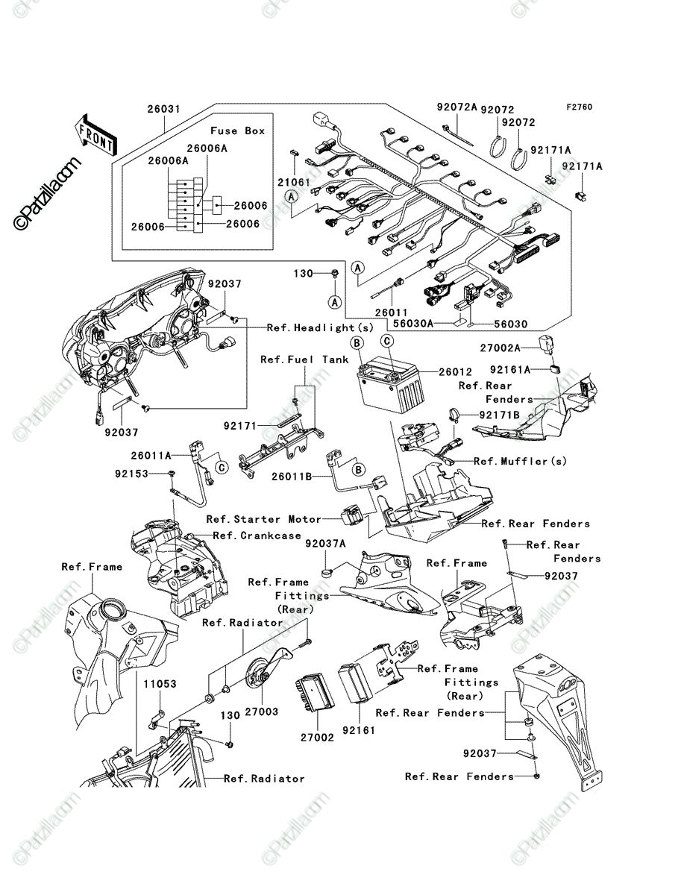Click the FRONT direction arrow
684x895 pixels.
pyautogui.click(x=95, y=135)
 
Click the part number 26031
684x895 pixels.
pyautogui.click(x=164, y=110)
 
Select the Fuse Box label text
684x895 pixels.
pyautogui.click(x=238, y=131)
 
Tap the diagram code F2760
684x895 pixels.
pyautogui.click(x=580, y=107)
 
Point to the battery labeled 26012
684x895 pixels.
pyautogui.click(x=391, y=385)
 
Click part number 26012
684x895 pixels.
pyautogui.click(x=455, y=372)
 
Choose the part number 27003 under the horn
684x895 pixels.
pyautogui.click(x=261, y=712)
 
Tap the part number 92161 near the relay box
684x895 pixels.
pyautogui.click(x=359, y=730)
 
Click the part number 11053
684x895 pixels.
pyautogui.click(x=160, y=684)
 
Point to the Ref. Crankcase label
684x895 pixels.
pyautogui.click(x=257, y=536)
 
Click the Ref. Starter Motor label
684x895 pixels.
pyautogui.click(x=264, y=519)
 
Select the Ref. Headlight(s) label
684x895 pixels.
pyautogui.click(x=321, y=327)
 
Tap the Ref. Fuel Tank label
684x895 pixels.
pyautogui.click(x=304, y=359)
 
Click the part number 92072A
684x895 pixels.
pyautogui.click(x=457, y=107)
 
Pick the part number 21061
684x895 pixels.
pyautogui.click(x=294, y=182)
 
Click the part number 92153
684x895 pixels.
pyautogui.click(x=132, y=474)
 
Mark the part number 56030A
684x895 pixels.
pyautogui.click(x=413, y=324)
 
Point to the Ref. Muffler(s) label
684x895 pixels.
pyautogui.click(x=520, y=461)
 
